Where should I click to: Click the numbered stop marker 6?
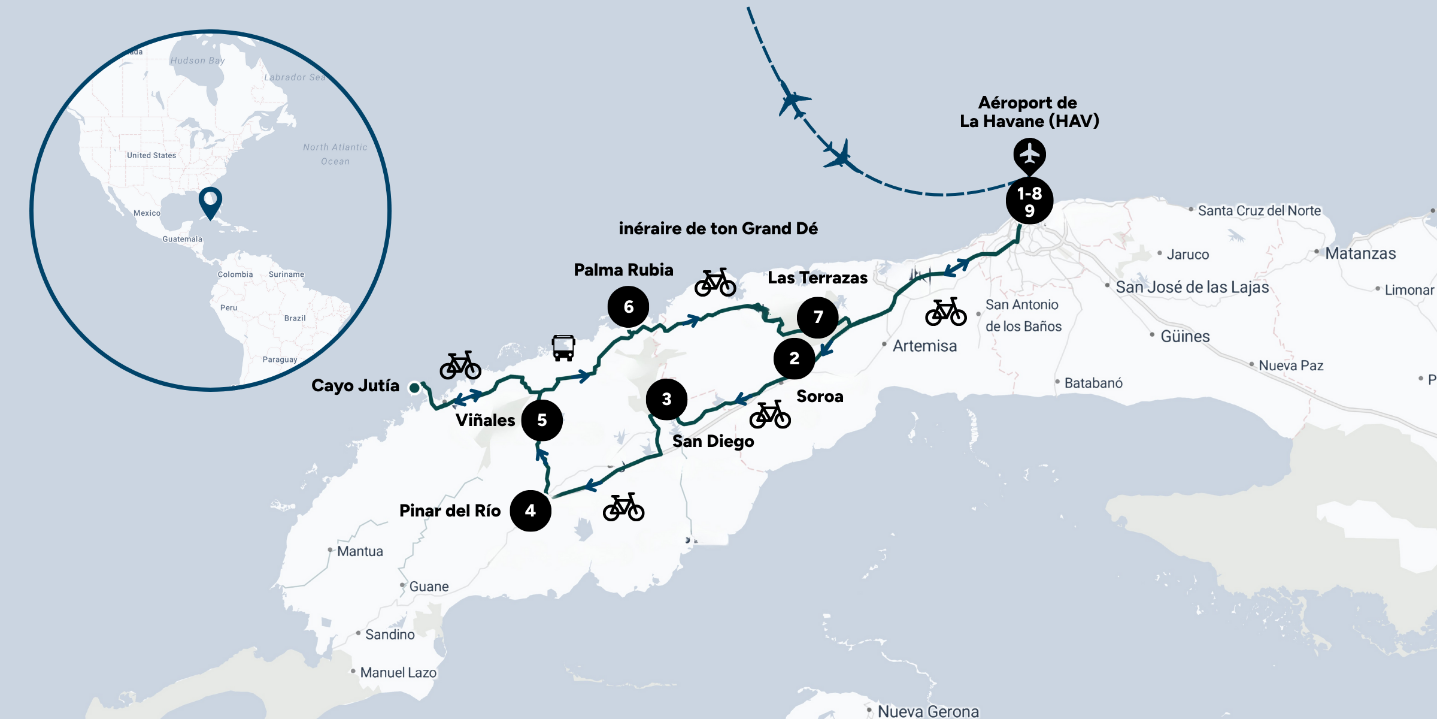(x=628, y=307)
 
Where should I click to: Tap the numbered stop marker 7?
(x=818, y=317)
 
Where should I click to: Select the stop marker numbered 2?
(x=794, y=358)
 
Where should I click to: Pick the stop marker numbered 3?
(x=666, y=399)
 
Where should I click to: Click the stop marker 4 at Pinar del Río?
(x=530, y=510)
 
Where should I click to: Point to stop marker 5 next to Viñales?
(x=542, y=420)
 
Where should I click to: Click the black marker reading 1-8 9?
(x=1029, y=201)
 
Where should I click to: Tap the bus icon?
(x=563, y=348)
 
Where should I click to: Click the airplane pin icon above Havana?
(x=1029, y=155)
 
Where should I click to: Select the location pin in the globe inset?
(x=210, y=201)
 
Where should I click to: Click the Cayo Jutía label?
(x=355, y=385)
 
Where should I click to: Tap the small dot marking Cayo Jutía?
(x=414, y=388)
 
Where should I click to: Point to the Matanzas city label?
(x=1360, y=253)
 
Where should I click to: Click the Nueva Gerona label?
(x=928, y=711)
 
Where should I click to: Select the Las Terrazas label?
(x=817, y=278)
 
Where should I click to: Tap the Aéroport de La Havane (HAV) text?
(x=1029, y=112)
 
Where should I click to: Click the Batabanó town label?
(x=1093, y=383)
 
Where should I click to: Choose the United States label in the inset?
(x=151, y=155)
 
